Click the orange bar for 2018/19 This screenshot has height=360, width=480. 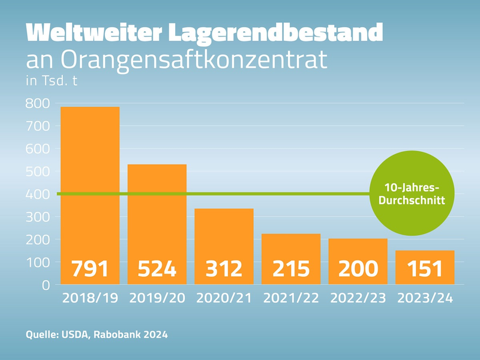point(90,180)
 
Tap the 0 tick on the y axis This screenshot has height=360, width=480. point(46,285)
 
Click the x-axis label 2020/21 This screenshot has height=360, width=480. point(224,298)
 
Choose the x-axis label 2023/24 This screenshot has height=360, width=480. point(425,298)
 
